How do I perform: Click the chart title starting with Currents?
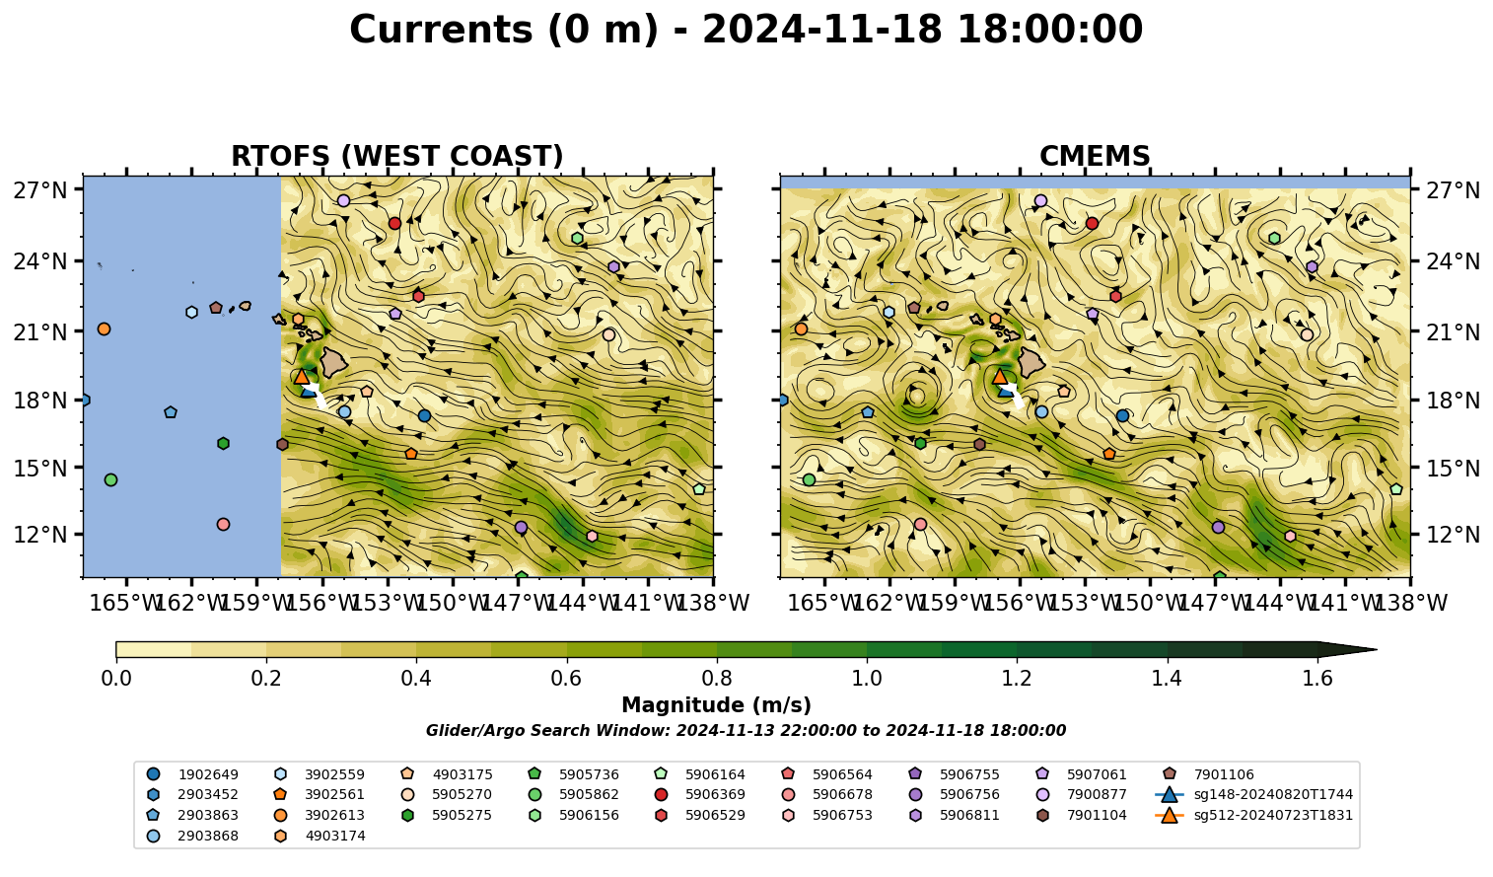(x=746, y=31)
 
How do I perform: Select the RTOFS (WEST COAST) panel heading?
(x=397, y=156)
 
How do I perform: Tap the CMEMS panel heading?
(x=1095, y=156)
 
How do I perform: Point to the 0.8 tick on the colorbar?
(x=717, y=679)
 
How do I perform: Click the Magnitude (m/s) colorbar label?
(x=717, y=705)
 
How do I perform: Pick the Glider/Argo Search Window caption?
(x=746, y=730)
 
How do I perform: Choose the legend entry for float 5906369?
(x=700, y=794)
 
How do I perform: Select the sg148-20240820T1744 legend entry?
(x=1253, y=794)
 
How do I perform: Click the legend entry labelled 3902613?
(x=319, y=815)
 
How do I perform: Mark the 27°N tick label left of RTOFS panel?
(x=40, y=190)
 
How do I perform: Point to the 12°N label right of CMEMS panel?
(x=1453, y=535)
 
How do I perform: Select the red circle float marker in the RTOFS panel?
(x=394, y=223)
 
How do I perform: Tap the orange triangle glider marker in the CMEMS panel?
(x=1000, y=376)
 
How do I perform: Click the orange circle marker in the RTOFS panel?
(x=104, y=329)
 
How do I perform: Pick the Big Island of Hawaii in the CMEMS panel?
(x=1031, y=363)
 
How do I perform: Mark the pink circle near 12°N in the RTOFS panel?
(x=223, y=524)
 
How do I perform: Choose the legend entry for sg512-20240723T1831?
(x=1253, y=815)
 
